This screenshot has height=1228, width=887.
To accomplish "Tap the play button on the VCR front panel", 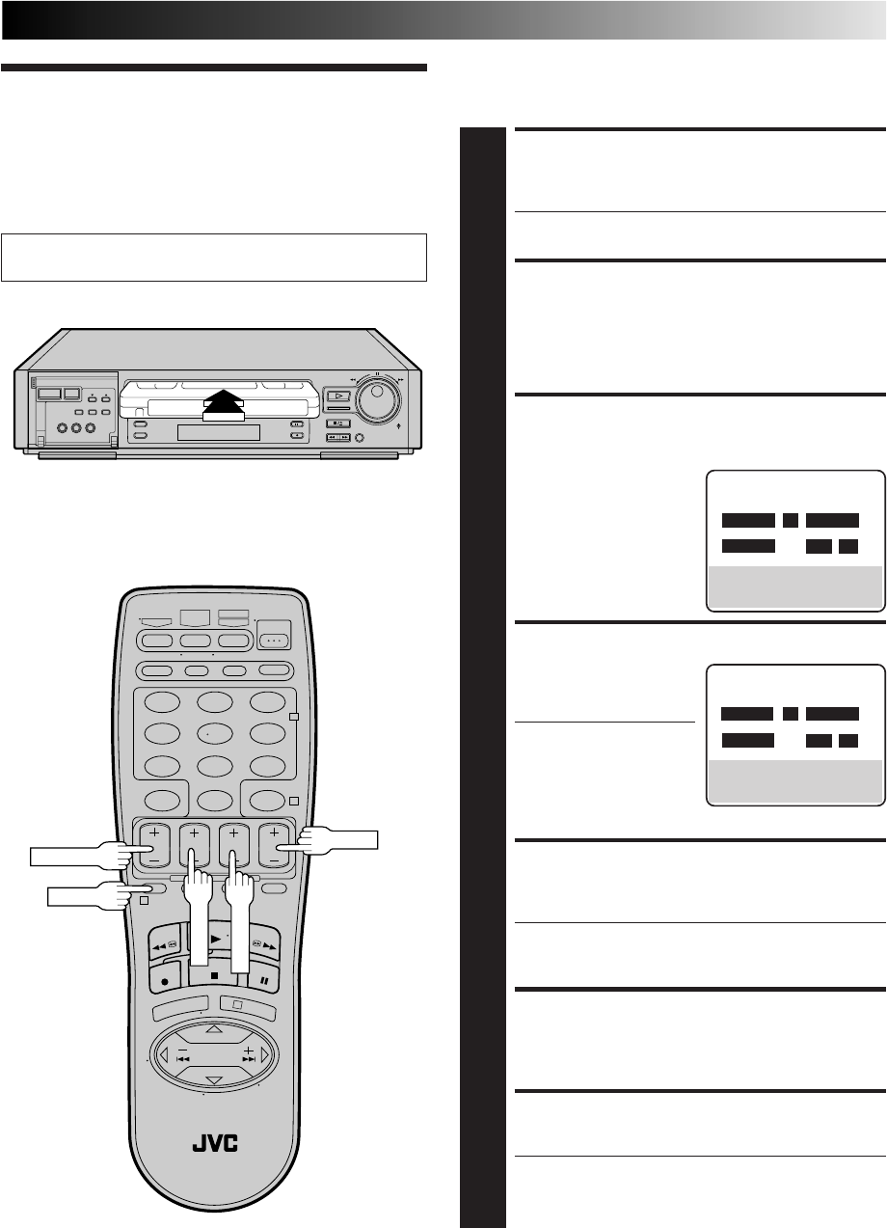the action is [337, 396].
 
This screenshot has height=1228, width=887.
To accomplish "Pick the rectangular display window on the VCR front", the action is [218, 431].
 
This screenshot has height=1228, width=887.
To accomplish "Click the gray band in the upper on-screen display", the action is [795, 585].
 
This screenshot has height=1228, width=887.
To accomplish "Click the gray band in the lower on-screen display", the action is [795, 778].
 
